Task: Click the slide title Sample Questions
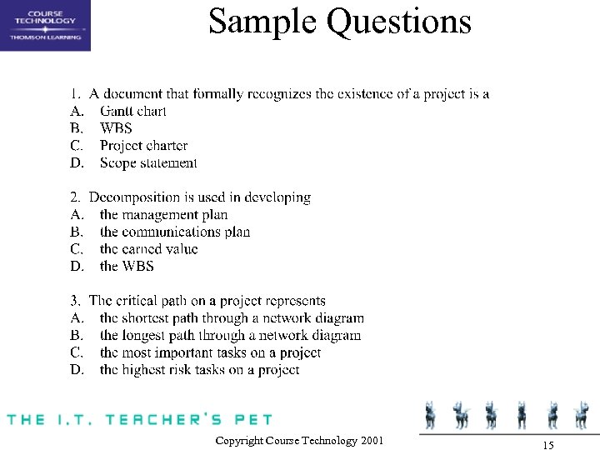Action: pyautogui.click(x=339, y=22)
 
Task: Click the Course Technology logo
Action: pyautogui.click(x=45, y=25)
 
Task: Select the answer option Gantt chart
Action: pyautogui.click(x=132, y=111)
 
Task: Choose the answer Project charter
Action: pyautogui.click(x=143, y=146)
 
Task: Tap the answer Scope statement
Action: pyautogui.click(x=148, y=163)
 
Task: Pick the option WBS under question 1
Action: pyautogui.click(x=116, y=128)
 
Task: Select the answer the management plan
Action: pyautogui.click(x=163, y=215)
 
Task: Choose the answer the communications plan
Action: pyautogui.click(x=174, y=232)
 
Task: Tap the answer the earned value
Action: pyautogui.click(x=148, y=249)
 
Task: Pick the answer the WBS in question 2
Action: pyautogui.click(x=127, y=267)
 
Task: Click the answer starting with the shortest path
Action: pyautogui.click(x=231, y=318)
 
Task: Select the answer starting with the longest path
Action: pyautogui.click(x=230, y=336)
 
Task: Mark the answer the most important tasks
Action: pyautogui.click(x=210, y=352)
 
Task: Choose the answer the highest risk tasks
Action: pyautogui.click(x=199, y=370)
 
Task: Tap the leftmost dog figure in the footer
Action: pyautogui.click(x=431, y=414)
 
